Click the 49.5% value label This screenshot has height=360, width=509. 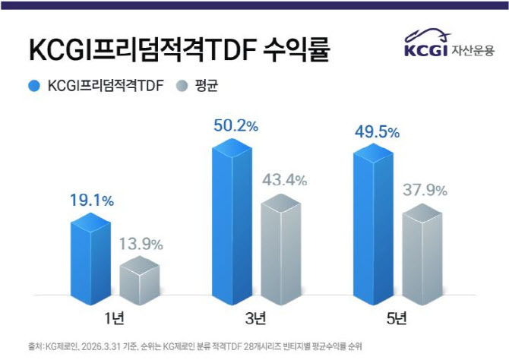coord(377,133)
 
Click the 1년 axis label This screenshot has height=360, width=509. coord(114,314)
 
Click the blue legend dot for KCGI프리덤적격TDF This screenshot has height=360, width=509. coord(33,85)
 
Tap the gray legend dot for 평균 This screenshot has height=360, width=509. coord(182,85)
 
